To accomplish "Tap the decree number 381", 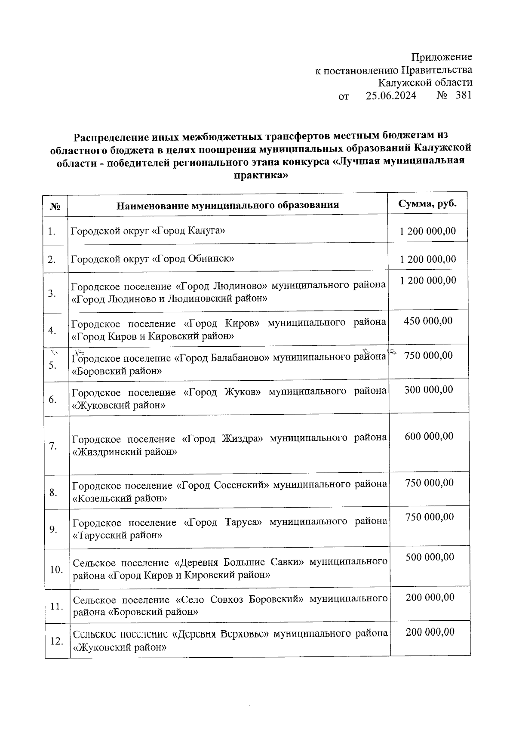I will (x=464, y=95).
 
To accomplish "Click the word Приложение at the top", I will (x=442, y=57).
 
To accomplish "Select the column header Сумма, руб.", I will (x=427, y=204).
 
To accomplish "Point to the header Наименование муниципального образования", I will (x=227, y=205).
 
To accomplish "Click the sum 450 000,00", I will (x=428, y=321).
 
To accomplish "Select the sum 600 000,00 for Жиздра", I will (x=429, y=436).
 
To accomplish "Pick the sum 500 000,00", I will (x=430, y=557).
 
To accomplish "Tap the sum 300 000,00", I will (x=429, y=390).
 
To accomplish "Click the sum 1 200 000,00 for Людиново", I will (x=428, y=280).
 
